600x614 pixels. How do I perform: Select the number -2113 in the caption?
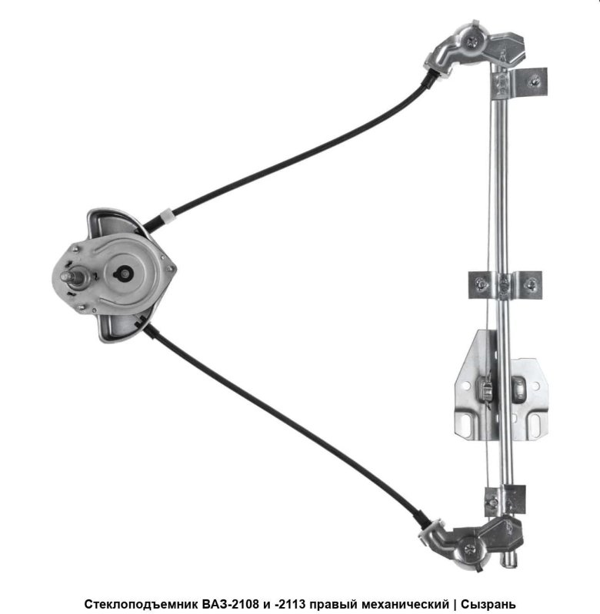(x=290, y=603)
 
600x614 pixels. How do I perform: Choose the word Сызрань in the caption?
(x=488, y=605)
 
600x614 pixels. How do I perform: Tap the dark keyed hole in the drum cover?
(x=125, y=274)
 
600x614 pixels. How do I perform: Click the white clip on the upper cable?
(x=167, y=216)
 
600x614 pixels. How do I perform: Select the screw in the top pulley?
(x=472, y=41)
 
